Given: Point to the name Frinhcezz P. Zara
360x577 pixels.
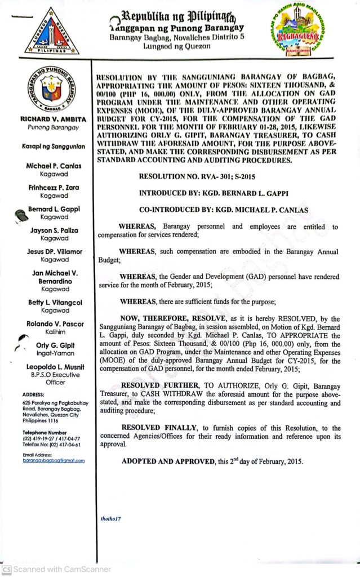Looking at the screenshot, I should [x=53, y=187].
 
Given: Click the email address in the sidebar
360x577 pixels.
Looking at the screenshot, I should [x=54, y=460].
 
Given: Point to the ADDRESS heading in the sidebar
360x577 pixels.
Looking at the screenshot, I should [x=34, y=394].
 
